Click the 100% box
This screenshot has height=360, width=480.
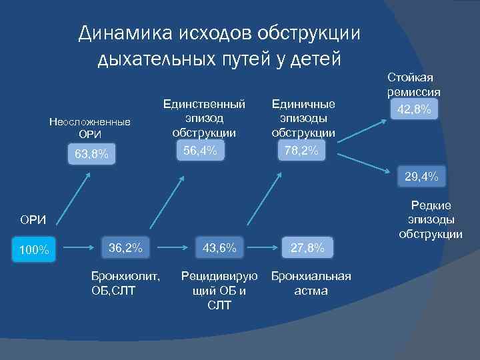click(34, 250)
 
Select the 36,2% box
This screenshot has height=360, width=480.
click(125, 248)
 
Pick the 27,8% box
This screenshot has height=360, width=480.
click(307, 248)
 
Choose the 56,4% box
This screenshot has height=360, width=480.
click(199, 152)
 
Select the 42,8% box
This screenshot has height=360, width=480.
click(413, 108)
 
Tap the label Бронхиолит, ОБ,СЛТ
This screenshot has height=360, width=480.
click(125, 283)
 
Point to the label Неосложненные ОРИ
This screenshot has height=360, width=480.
click(91, 128)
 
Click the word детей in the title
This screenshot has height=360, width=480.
click(315, 59)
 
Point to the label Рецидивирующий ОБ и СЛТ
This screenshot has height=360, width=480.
click(219, 291)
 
